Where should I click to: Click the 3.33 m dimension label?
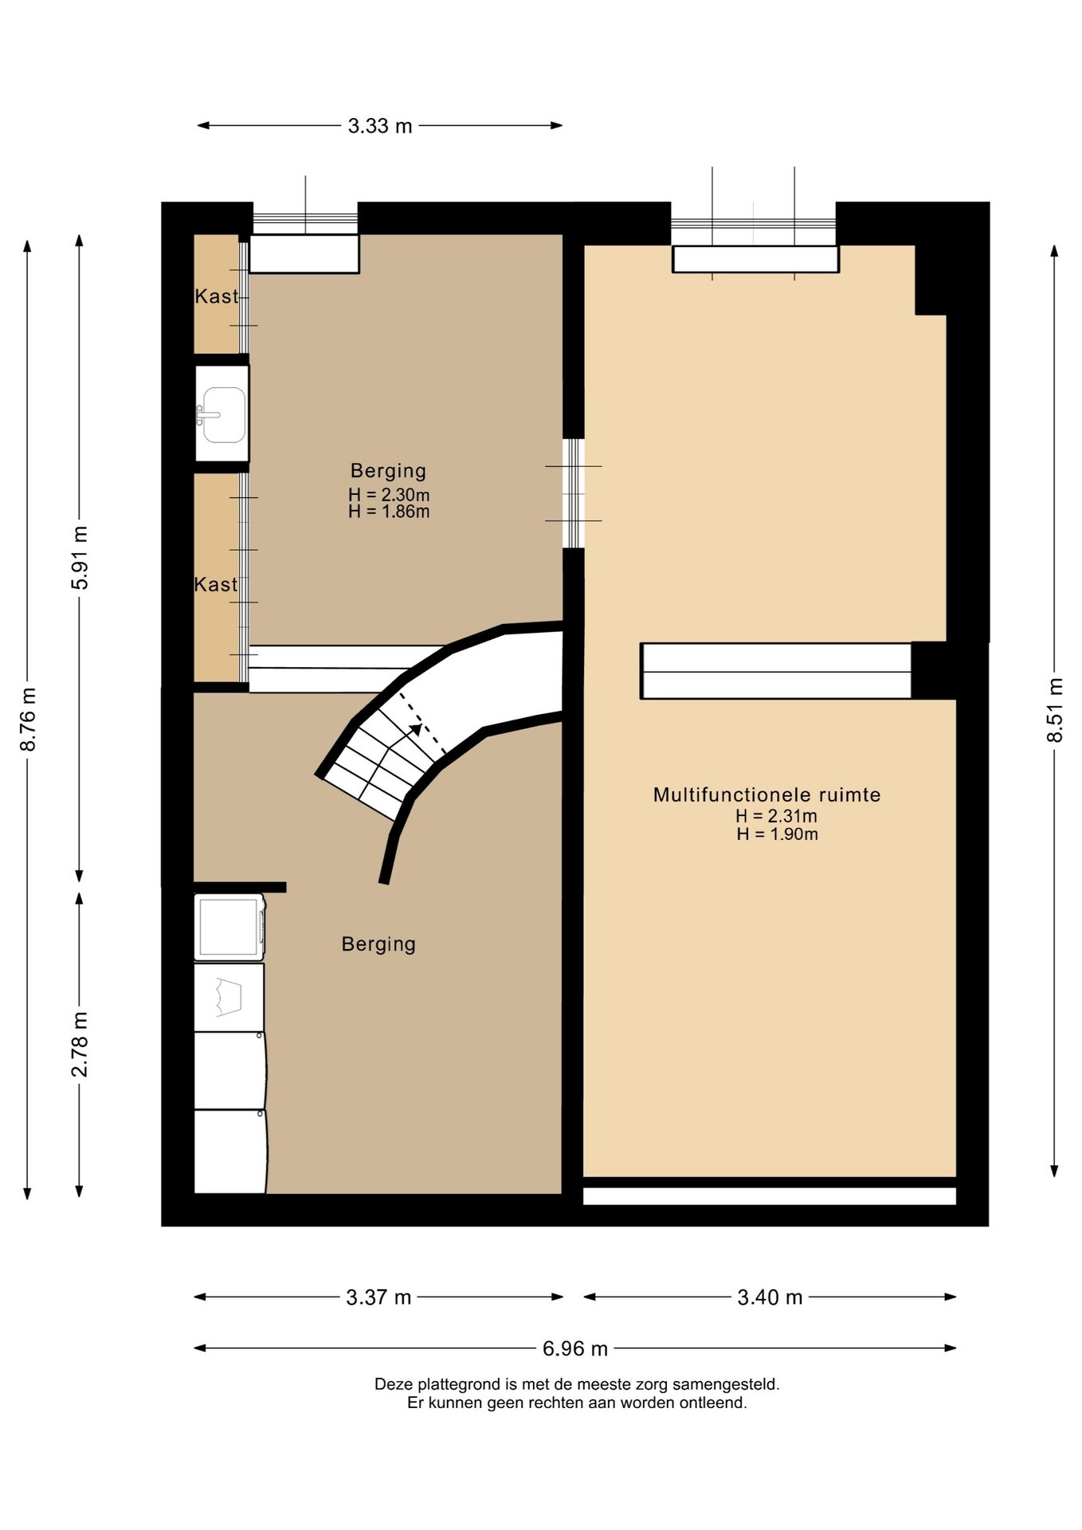[x=380, y=126]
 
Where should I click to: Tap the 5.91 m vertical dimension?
[x=80, y=558]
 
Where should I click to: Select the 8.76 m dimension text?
[x=28, y=719]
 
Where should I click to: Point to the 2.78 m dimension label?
[x=80, y=1044]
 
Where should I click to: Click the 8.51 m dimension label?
[x=1055, y=710]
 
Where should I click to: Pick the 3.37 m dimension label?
[x=378, y=1297]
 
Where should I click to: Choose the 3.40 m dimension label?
[x=770, y=1297]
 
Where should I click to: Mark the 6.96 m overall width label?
[x=575, y=1348]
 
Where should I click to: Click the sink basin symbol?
[x=222, y=415]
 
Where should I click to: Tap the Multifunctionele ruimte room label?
[x=766, y=794]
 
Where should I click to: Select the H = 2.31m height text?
[x=776, y=816]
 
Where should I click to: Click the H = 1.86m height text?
[x=389, y=512]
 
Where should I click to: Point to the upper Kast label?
[x=216, y=296]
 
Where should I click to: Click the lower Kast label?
[x=216, y=584]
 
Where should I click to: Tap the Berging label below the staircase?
[x=378, y=944]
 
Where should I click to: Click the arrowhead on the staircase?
[x=416, y=728]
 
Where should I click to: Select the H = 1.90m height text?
[x=777, y=834]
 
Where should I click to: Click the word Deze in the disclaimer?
[x=394, y=1384]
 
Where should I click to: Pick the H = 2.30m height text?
[x=389, y=495]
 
